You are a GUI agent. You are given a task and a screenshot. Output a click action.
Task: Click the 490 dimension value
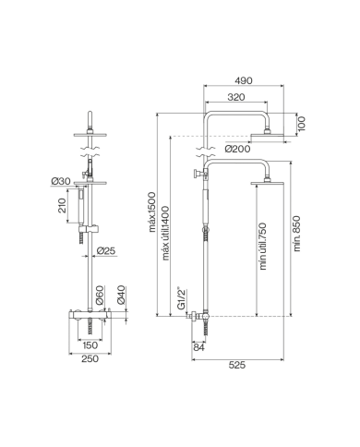coord(244,80)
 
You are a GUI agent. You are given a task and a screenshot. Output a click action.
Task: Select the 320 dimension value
coord(236,97)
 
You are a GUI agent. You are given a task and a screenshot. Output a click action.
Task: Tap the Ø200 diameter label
coord(237,149)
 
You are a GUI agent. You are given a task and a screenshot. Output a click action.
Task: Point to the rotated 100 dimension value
coord(302,124)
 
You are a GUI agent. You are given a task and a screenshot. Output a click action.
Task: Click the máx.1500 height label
coord(152,212)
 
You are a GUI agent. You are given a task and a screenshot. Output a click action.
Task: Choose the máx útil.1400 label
coord(165,233)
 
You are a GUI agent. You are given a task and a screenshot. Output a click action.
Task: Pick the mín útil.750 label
coord(263,247)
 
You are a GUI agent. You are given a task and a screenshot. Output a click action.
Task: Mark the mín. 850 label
coord(296,234)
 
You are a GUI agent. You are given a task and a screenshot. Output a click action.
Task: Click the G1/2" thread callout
coord(182,298)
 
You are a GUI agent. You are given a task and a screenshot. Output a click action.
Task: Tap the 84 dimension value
coord(199,346)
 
